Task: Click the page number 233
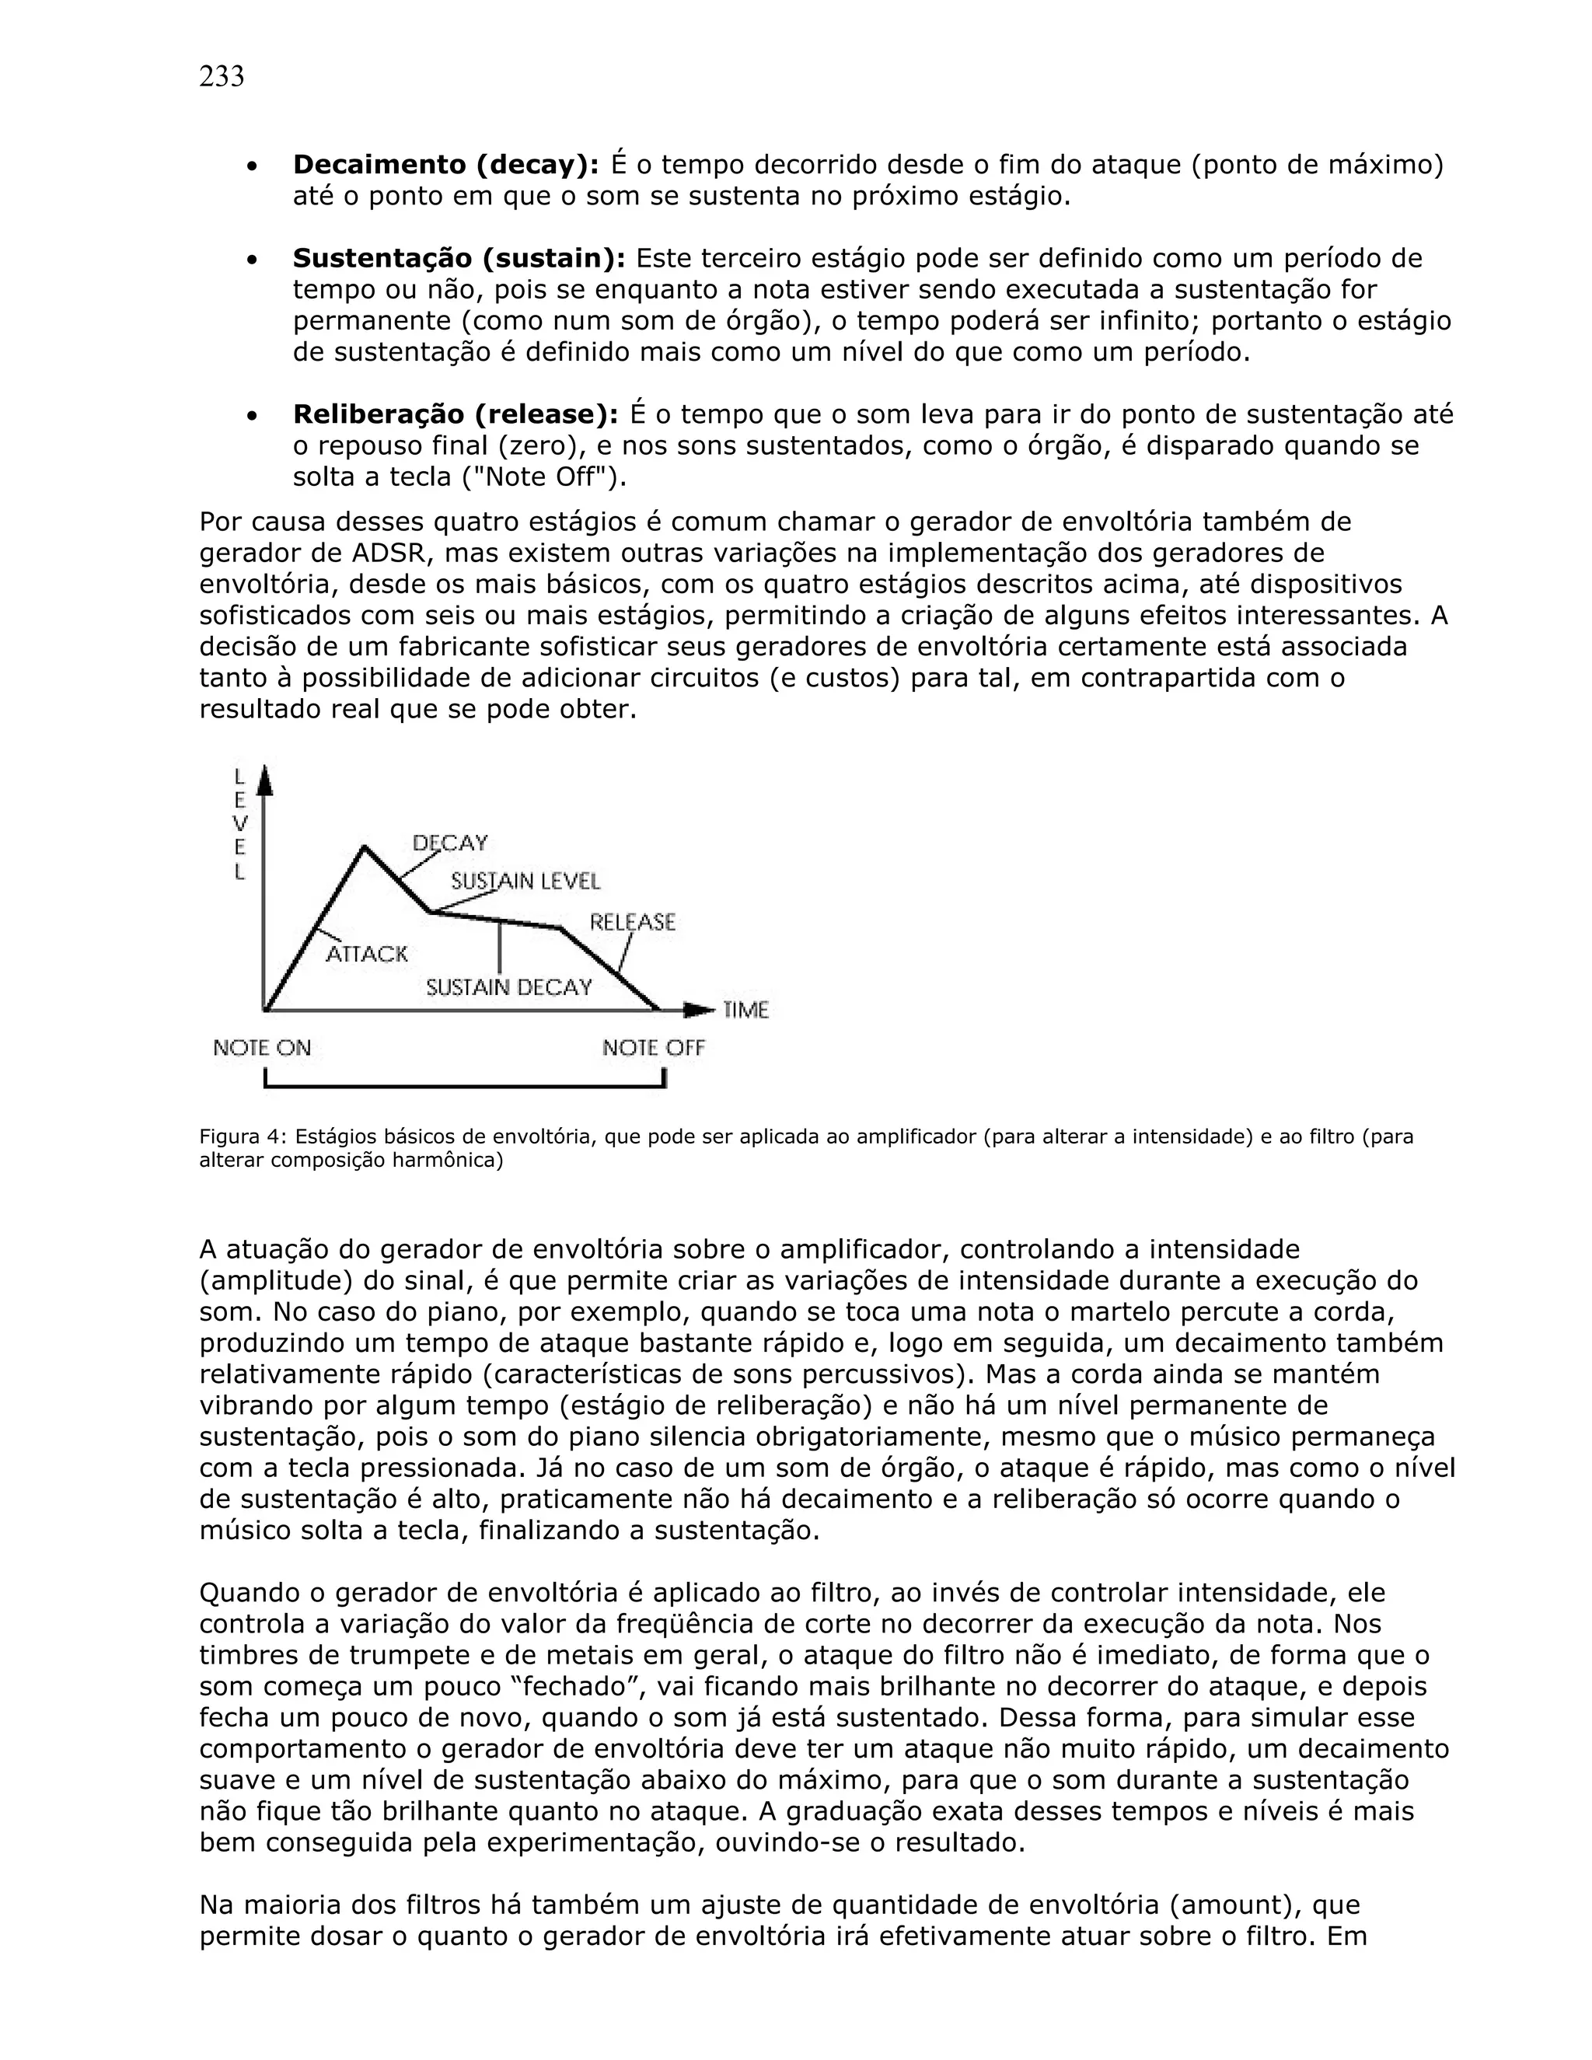coord(222,76)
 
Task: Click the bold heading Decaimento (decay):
coord(445,165)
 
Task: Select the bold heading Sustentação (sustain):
coord(459,258)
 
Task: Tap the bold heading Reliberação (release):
coord(456,414)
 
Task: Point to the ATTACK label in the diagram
coord(367,954)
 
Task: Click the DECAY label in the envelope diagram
coord(450,843)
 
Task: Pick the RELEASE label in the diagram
coord(632,921)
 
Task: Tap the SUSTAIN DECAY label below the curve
coord(508,987)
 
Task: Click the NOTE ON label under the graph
coord(261,1048)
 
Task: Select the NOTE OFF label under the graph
coord(654,1048)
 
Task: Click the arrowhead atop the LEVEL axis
coord(265,779)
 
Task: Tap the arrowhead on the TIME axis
coord(700,1011)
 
